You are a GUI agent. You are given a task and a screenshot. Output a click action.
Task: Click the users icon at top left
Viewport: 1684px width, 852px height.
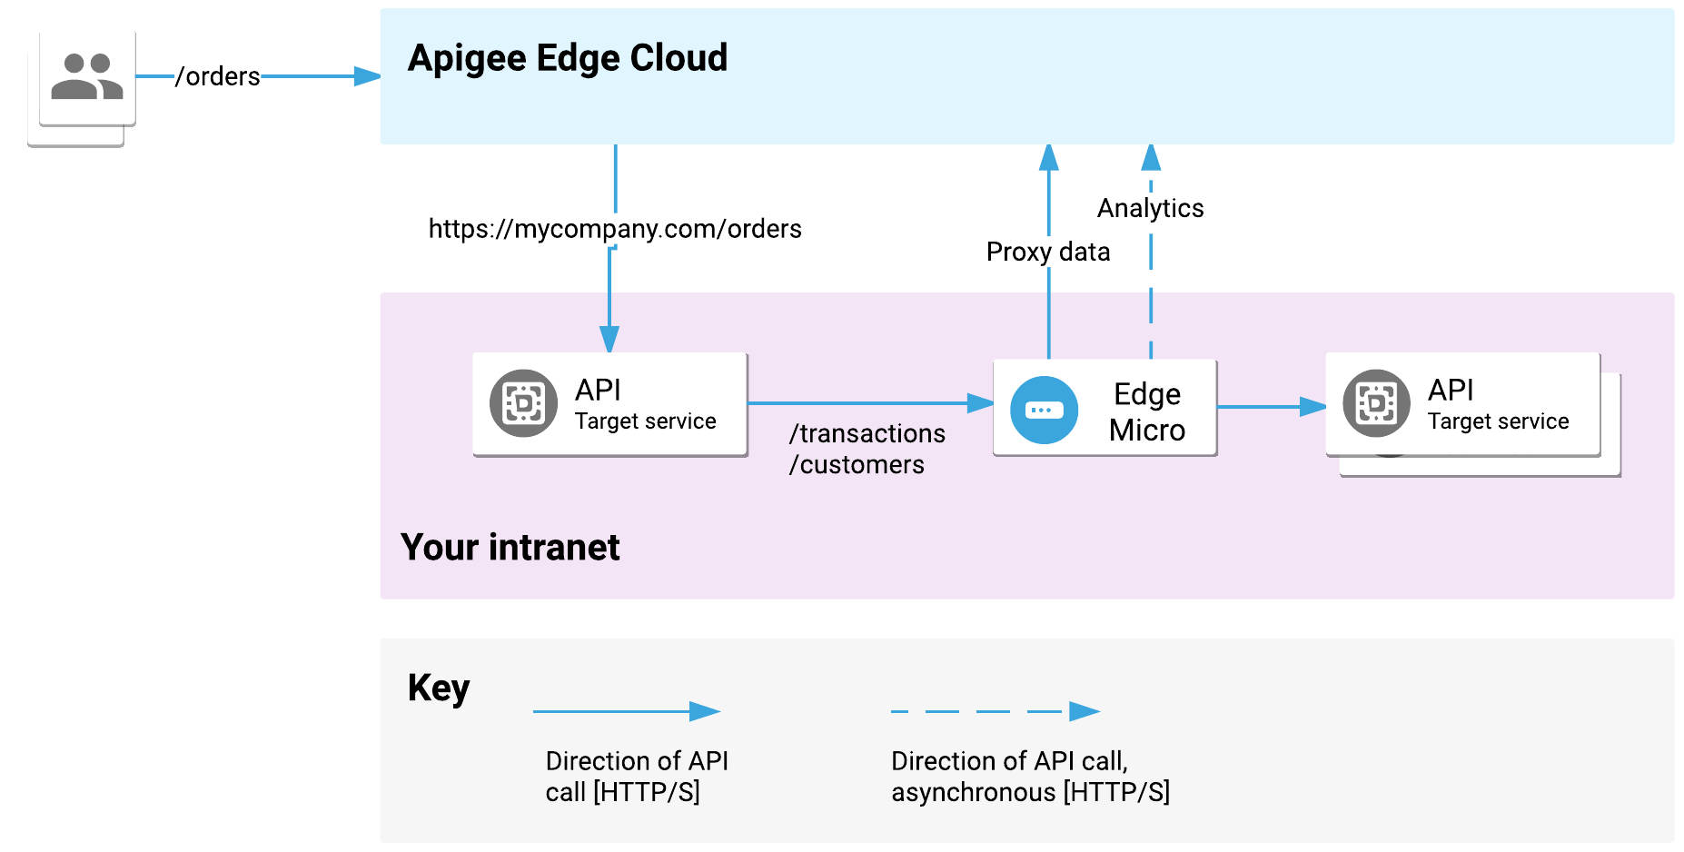(x=87, y=76)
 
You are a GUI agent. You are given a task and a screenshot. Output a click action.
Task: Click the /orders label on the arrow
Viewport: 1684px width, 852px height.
(x=217, y=76)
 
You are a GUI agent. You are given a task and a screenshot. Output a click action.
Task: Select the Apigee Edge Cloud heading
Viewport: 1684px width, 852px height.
(x=567, y=58)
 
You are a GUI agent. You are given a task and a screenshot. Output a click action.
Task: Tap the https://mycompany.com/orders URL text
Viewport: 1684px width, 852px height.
(x=615, y=229)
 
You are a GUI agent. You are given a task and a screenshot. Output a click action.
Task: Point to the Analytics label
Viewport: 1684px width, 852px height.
(x=1150, y=208)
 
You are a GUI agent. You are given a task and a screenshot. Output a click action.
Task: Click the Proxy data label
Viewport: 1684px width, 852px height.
(x=1048, y=252)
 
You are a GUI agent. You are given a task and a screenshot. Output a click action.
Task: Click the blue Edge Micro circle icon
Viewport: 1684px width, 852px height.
(x=1044, y=411)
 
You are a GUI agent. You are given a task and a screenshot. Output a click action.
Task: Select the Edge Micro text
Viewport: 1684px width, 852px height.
(x=1147, y=411)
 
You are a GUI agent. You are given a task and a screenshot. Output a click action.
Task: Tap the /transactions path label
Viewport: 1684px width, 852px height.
(x=867, y=433)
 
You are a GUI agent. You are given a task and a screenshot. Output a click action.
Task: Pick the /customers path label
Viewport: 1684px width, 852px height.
(x=857, y=465)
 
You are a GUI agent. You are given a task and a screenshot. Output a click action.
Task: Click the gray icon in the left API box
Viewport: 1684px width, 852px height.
(x=523, y=403)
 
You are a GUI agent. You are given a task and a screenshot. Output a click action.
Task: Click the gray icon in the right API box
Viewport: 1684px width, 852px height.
(x=1376, y=403)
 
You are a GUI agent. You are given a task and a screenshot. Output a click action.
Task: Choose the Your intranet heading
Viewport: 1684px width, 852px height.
(x=510, y=548)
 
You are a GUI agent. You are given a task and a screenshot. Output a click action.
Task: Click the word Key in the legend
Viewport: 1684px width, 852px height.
(x=438, y=688)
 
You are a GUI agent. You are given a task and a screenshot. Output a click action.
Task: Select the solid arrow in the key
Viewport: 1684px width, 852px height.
(x=626, y=711)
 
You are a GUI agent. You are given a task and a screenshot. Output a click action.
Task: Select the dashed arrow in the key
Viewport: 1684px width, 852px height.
(x=995, y=711)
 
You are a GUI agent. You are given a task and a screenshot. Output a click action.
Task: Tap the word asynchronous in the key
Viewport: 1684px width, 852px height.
(x=973, y=792)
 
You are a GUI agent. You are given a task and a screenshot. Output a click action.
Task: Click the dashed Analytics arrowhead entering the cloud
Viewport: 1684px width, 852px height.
(x=1151, y=158)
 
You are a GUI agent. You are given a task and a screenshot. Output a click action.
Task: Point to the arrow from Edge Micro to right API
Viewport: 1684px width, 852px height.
(x=1271, y=407)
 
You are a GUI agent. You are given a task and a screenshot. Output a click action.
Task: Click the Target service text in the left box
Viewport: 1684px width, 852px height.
(x=645, y=421)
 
